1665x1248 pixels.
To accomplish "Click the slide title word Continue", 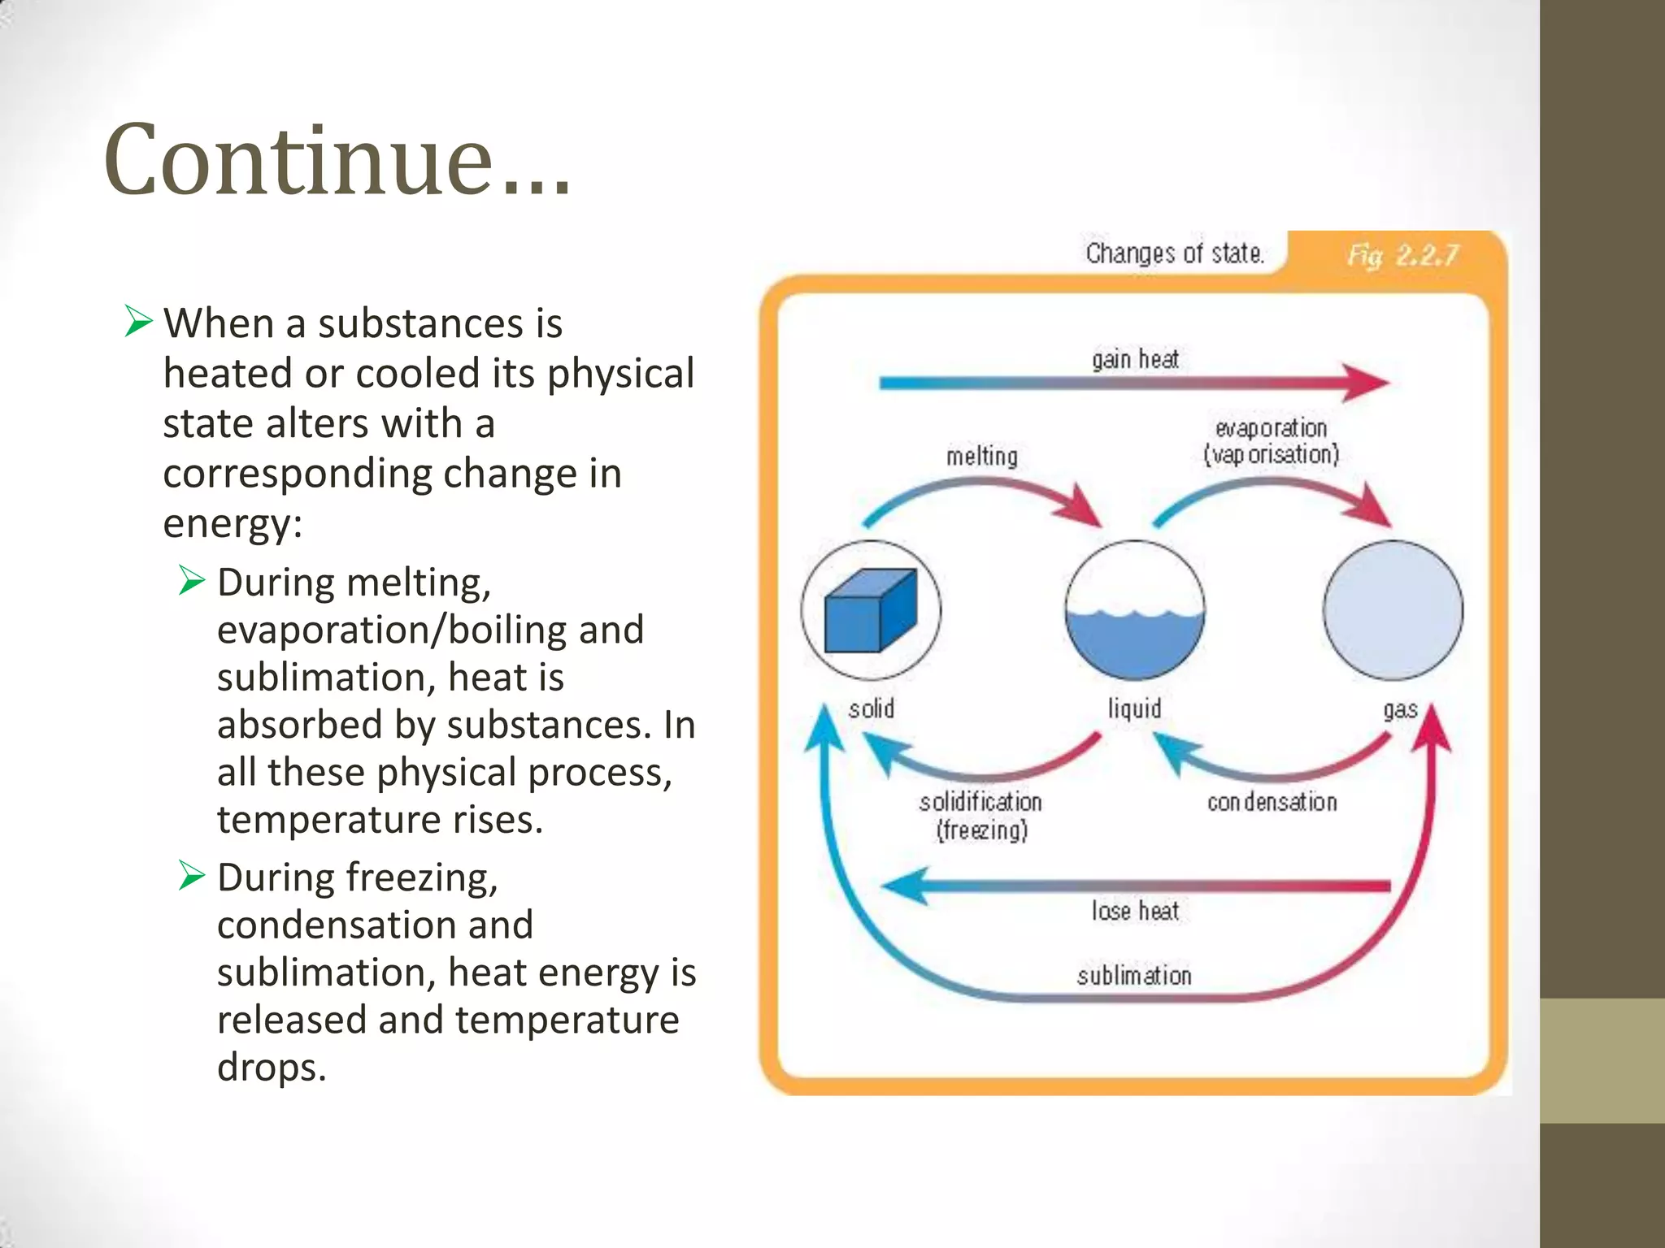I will tap(337, 160).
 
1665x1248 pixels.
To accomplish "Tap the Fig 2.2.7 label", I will tap(1402, 256).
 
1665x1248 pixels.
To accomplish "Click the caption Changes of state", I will tap(1174, 253).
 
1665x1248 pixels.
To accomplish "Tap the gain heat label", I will tap(1135, 359).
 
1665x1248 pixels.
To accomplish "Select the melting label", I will tap(981, 457).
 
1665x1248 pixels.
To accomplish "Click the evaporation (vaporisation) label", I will tap(1271, 441).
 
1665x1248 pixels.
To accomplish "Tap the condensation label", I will tap(1272, 803).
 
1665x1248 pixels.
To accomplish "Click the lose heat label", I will tap(1135, 911).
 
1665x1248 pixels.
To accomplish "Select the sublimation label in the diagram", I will tap(1134, 975).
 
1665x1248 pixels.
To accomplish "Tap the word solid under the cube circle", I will tap(872, 709).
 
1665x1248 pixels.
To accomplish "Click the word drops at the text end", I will tap(272, 1068).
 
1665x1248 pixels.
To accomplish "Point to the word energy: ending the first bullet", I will tap(233, 524).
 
